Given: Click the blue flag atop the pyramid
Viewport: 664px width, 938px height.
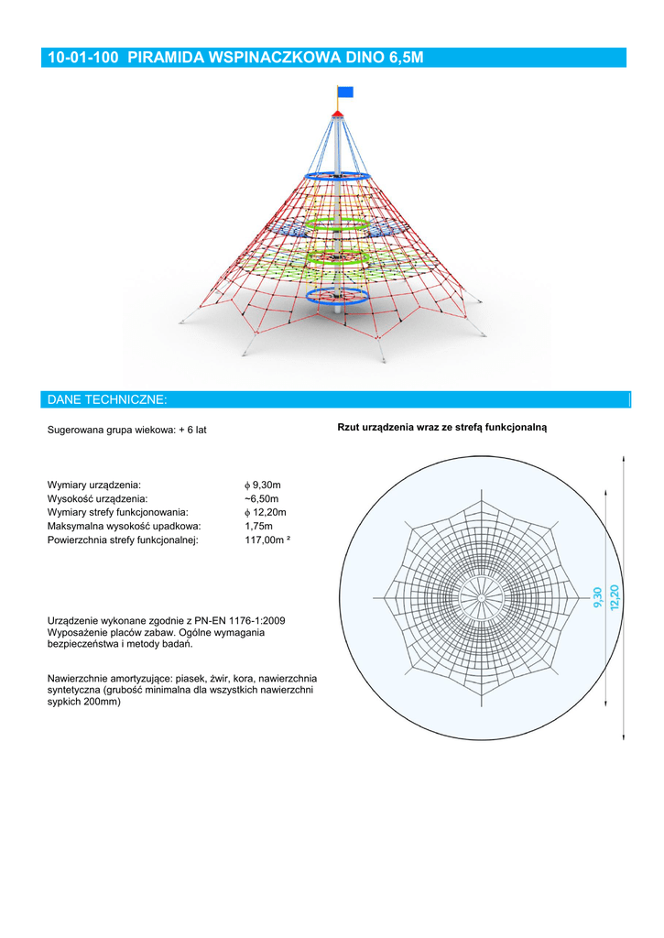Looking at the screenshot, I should coord(345,91).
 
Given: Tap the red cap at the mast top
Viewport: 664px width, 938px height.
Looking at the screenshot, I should coord(338,113).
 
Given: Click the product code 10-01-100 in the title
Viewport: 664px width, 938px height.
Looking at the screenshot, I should coord(84,58).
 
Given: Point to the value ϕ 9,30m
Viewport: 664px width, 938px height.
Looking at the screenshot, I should coord(263,484).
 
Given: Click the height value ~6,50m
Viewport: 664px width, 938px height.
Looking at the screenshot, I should coord(262,498).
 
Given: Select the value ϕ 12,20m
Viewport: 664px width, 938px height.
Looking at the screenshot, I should coord(266,512).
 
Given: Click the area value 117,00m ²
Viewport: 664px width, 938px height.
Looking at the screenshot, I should coord(267,540).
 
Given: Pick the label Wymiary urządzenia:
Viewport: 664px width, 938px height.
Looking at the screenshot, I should coord(93,484).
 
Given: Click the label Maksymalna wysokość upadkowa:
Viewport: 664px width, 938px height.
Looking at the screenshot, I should coord(124,527).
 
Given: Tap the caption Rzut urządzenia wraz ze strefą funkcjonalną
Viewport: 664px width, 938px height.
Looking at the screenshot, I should coord(441,428).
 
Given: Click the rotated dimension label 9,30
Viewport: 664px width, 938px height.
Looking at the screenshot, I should coord(598,596).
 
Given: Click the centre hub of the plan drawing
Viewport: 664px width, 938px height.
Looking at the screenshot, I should coord(481,597).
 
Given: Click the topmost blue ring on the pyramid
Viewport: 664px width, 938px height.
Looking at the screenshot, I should coord(337,175).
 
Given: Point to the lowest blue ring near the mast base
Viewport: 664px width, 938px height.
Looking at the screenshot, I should coord(335,295).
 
